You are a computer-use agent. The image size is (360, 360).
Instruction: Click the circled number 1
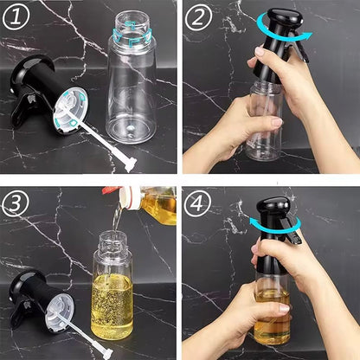pyautogui.click(x=16, y=16)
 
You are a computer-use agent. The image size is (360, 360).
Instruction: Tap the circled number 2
pyautogui.click(x=198, y=16)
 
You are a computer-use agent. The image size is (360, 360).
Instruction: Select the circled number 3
pyautogui.click(x=16, y=202)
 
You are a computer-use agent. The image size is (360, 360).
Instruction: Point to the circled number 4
pyautogui.click(x=198, y=202)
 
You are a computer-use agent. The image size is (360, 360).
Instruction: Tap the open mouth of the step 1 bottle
pyautogui.click(x=132, y=18)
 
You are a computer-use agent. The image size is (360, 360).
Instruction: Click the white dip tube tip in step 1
pyautogui.click(x=130, y=164)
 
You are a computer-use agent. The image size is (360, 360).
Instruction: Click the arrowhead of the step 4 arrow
pyautogui.click(x=254, y=222)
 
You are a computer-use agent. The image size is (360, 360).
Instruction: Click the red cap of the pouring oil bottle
pyautogui.click(x=111, y=190)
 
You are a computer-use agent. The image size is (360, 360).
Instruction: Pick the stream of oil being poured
pyautogui.click(x=117, y=218)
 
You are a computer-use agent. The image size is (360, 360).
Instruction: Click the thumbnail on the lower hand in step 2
pyautogui.click(x=277, y=122)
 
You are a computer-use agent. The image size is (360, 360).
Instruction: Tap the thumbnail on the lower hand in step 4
pyautogui.click(x=285, y=309)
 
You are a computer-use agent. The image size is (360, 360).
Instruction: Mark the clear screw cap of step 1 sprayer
pyautogui.click(x=71, y=110)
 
